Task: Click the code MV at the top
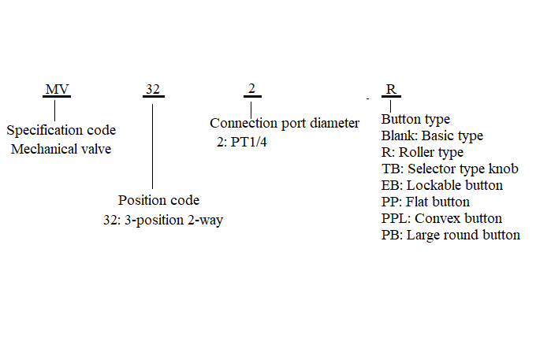tap(57, 89)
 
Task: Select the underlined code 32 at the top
tap(153, 89)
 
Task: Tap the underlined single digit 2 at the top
tap(251, 88)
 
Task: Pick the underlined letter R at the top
tap(391, 89)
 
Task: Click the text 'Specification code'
tap(61, 131)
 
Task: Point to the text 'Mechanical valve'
tap(61, 149)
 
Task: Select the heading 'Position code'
tap(158, 200)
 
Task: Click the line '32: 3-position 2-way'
tap(163, 220)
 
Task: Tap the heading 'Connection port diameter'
tap(285, 124)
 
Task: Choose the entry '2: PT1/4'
tap(242, 142)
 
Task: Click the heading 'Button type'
tap(415, 120)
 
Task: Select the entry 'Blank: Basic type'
tap(432, 136)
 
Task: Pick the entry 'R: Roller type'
tap(422, 152)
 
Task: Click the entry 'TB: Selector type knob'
tap(450, 169)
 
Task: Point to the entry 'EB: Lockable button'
tap(442, 185)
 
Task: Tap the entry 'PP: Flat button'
tap(425, 202)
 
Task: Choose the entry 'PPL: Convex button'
tap(441, 218)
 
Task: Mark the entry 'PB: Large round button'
tap(451, 235)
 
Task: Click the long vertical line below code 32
tap(152, 147)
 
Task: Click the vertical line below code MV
tap(54, 110)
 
